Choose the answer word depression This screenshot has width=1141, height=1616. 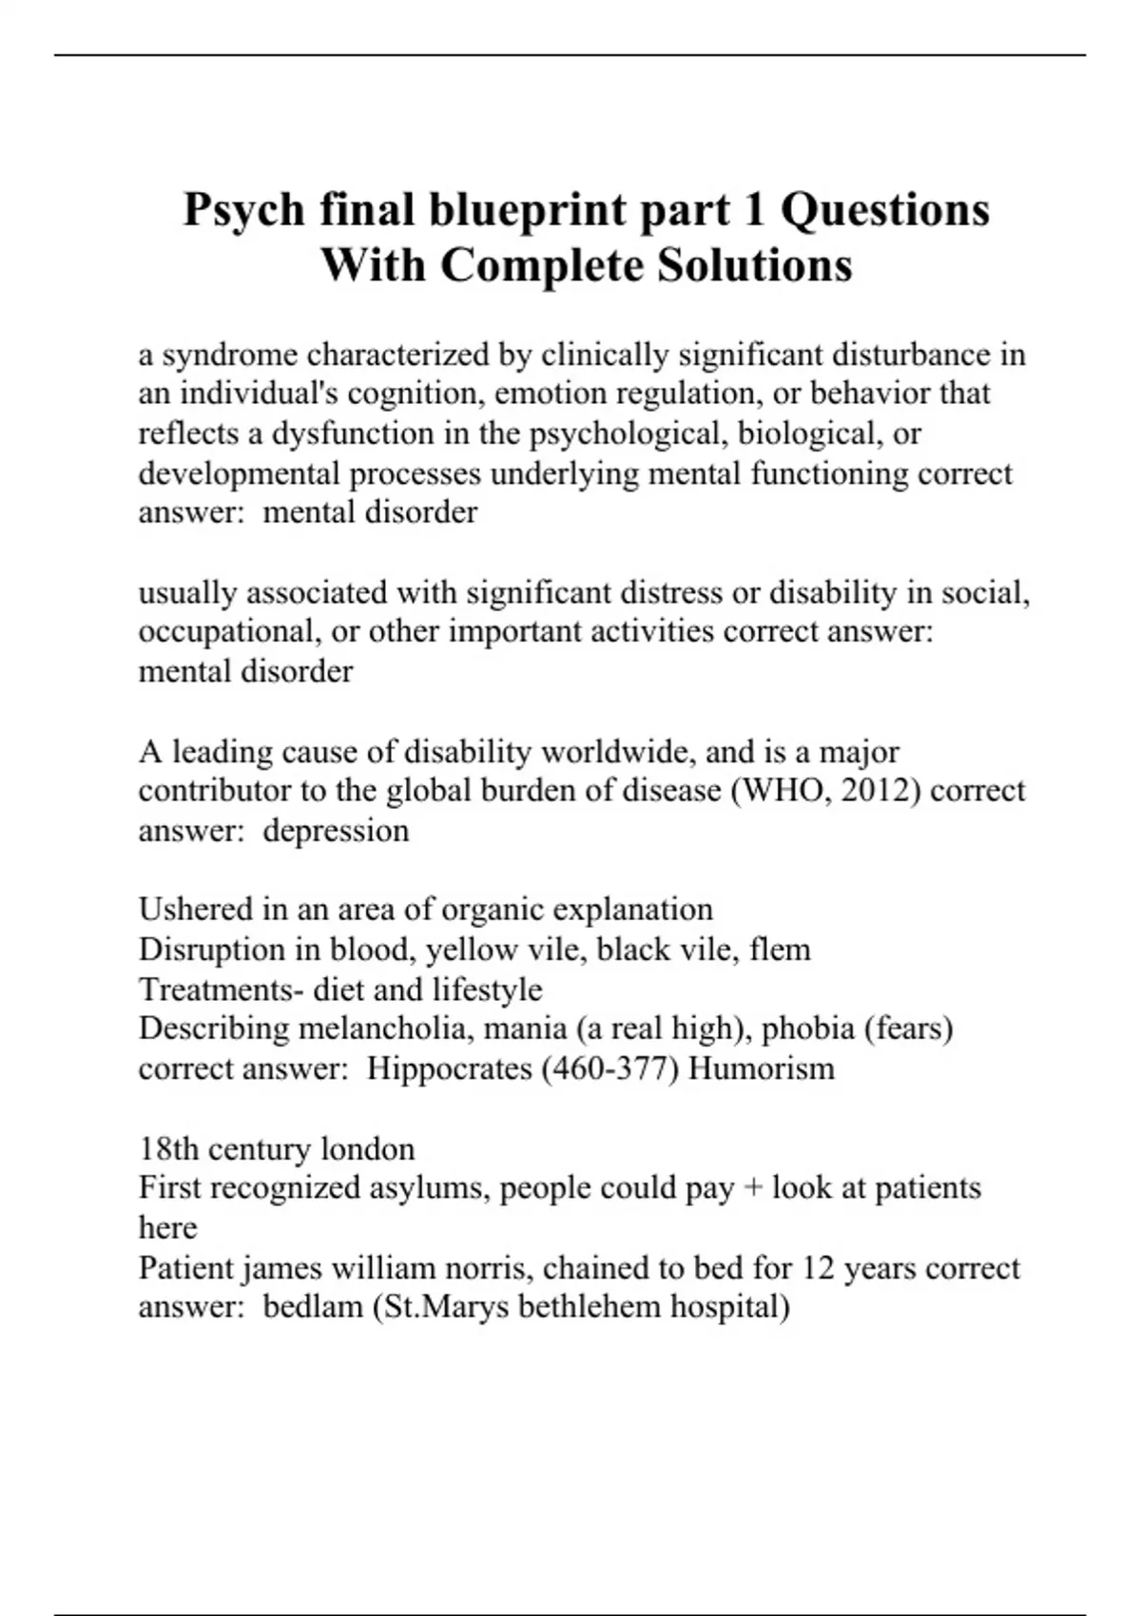click(x=336, y=831)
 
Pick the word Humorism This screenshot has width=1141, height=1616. click(x=761, y=1068)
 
